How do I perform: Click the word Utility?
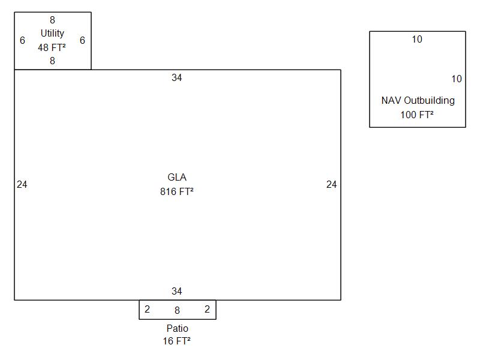[x=52, y=34]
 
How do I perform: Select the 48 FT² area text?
[x=52, y=47]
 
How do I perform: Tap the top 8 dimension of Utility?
[x=52, y=20]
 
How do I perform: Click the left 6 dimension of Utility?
[x=22, y=41]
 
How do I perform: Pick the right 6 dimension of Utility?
[x=82, y=41]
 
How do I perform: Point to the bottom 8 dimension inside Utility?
[x=52, y=61]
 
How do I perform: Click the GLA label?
[x=176, y=178]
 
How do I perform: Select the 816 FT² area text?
[x=176, y=192]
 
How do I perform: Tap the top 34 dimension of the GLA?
[x=176, y=78]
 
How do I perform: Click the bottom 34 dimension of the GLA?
[x=176, y=292]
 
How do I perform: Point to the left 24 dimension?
[x=22, y=185]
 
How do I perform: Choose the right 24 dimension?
[x=331, y=185]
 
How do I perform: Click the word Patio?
[x=177, y=329]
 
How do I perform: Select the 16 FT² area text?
[x=176, y=341]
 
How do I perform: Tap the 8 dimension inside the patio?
[x=177, y=311]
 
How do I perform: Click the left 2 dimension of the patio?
[x=147, y=310]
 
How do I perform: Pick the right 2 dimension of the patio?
[x=207, y=310]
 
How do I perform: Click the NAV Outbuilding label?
[x=418, y=101]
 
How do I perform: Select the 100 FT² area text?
[x=417, y=115]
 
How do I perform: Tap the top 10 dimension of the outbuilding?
[x=417, y=40]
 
